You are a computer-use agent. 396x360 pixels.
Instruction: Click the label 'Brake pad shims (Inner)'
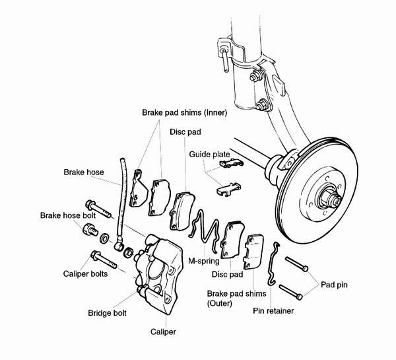point(184,113)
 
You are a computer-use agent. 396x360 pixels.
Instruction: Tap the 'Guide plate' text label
point(208,157)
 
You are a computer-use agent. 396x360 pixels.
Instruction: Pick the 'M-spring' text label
point(204,260)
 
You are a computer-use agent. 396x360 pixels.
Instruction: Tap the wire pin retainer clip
point(275,265)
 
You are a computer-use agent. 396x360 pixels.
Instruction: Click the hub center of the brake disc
point(327,194)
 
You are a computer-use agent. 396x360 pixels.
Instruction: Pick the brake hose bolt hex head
point(88,230)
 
